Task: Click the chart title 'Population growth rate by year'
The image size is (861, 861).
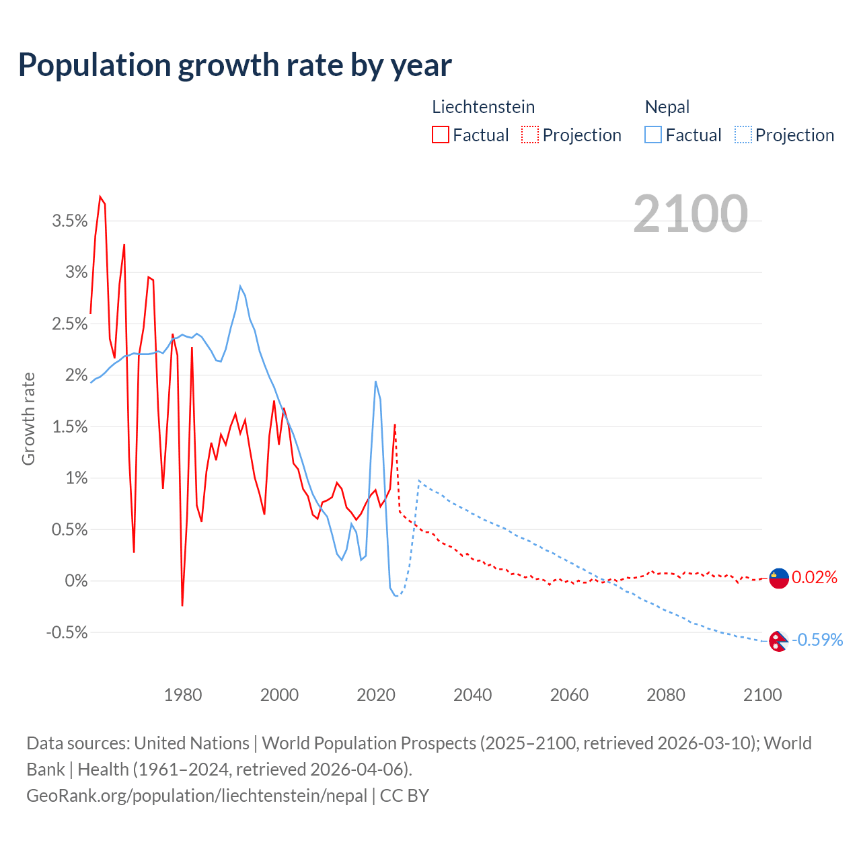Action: (235, 65)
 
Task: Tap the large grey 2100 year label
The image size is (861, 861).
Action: (690, 214)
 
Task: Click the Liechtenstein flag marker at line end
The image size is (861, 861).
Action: (779, 578)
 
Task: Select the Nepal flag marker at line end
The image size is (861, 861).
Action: (778, 641)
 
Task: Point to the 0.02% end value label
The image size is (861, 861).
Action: (815, 578)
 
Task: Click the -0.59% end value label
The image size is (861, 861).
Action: (817, 640)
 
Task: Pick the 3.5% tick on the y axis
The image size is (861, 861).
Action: (70, 221)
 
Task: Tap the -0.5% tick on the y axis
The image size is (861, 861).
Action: (67, 633)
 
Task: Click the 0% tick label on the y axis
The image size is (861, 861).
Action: (76, 581)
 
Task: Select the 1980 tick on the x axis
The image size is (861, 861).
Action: (183, 695)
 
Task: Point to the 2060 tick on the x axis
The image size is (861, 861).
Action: (569, 695)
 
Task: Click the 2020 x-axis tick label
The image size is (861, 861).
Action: (376, 695)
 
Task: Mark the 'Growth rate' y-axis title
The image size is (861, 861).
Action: (28, 418)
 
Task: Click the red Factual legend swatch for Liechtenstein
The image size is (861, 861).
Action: (441, 135)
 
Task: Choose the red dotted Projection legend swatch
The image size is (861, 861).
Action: (530, 135)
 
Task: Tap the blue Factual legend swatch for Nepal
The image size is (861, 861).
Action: (653, 135)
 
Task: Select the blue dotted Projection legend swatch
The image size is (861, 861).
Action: (743, 135)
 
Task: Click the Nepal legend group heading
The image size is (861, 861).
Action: (667, 107)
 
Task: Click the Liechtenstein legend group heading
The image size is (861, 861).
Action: (483, 107)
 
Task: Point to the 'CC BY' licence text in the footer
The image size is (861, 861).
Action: (404, 796)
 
